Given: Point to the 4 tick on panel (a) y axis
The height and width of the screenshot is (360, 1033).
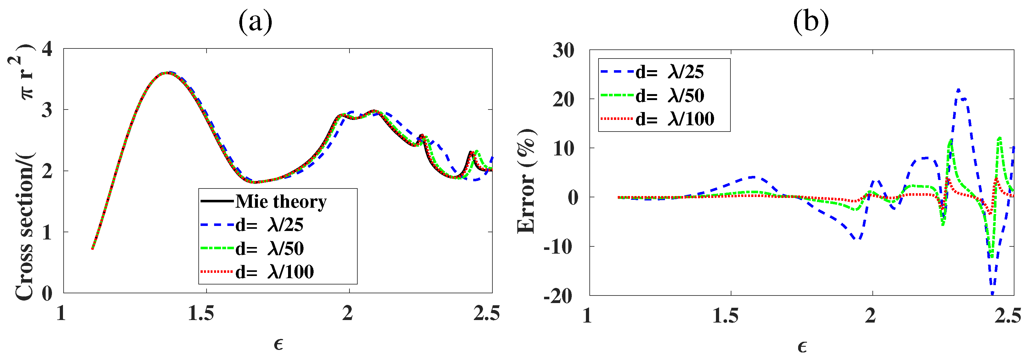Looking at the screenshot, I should click(47, 50).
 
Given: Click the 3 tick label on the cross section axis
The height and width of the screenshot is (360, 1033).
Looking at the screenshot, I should click(47, 110).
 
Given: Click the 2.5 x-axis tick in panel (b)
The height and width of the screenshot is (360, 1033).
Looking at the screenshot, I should click(1007, 316).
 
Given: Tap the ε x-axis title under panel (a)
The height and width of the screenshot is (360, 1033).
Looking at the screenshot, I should click(278, 344).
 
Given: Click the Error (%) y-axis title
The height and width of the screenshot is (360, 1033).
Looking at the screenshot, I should click(526, 181).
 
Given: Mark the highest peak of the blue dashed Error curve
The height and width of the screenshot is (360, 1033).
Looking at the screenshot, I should click(958, 90).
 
